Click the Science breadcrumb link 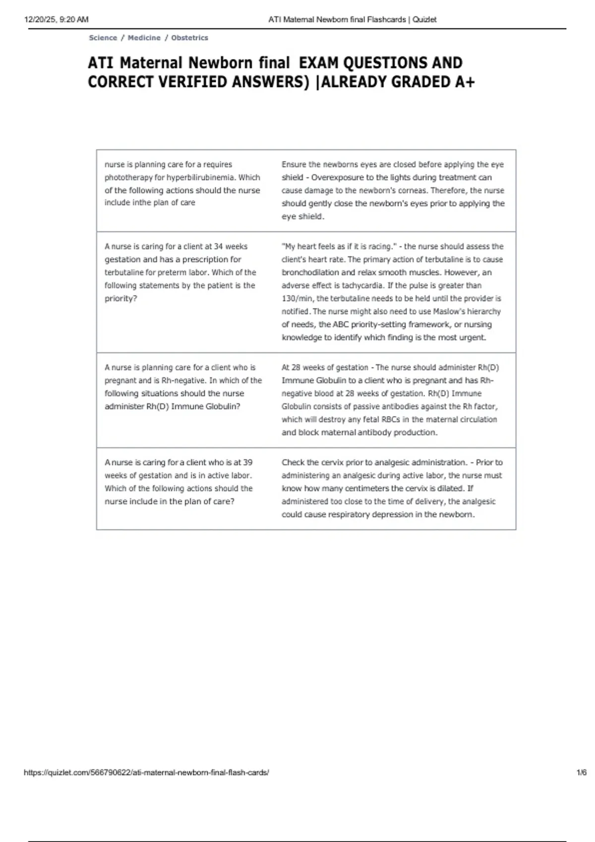(103, 38)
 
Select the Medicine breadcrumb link (144, 38)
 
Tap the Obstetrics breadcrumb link (189, 38)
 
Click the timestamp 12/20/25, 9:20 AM (56, 20)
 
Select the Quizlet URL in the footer (146, 772)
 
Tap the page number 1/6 (582, 772)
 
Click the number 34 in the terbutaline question (218, 246)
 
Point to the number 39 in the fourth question (247, 462)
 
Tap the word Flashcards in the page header (386, 20)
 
